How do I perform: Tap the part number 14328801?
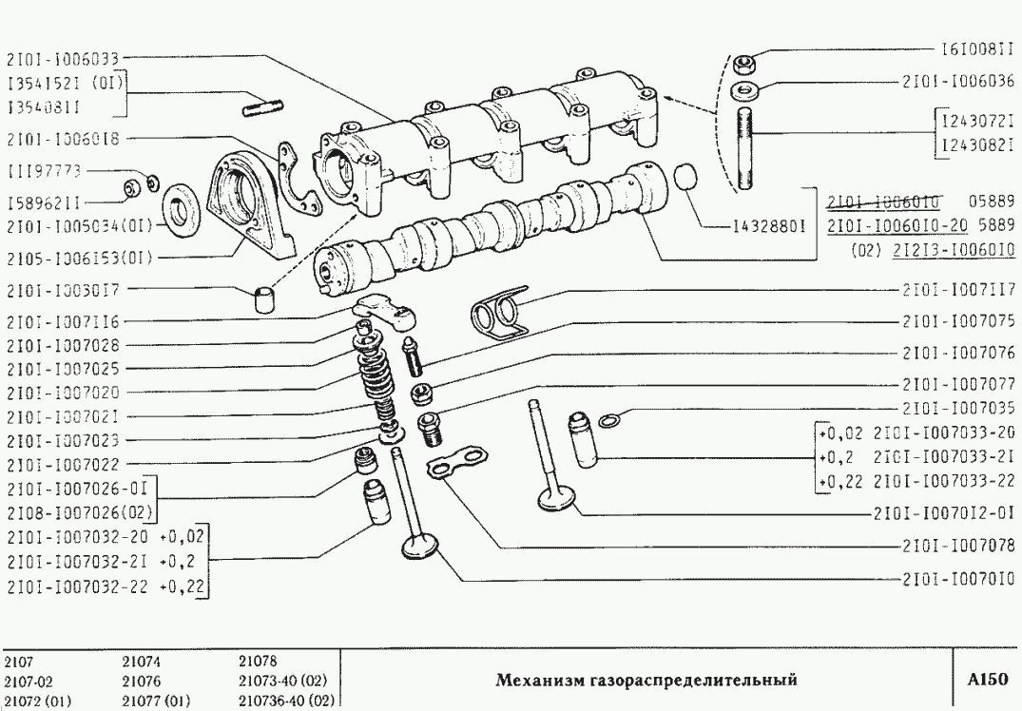click(769, 228)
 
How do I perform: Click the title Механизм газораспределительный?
click(646, 680)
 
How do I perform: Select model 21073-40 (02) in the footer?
click(282, 680)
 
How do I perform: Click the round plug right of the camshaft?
click(686, 179)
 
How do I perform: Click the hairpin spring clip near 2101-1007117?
click(501, 314)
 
